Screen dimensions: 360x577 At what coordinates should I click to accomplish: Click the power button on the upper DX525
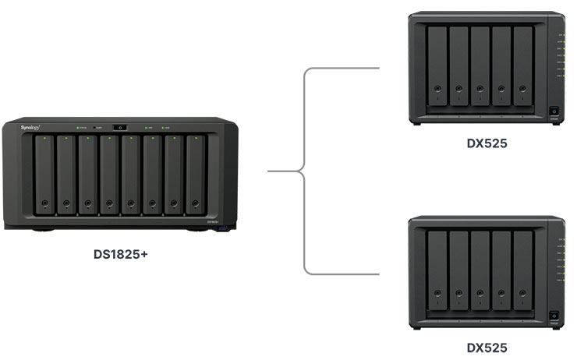click(x=554, y=111)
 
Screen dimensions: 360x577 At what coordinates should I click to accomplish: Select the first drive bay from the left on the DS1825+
click(x=45, y=175)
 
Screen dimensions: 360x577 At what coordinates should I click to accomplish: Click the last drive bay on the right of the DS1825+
click(x=195, y=175)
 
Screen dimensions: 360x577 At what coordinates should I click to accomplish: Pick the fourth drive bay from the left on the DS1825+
click(x=109, y=175)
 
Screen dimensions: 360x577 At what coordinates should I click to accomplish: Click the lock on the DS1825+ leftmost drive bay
click(x=45, y=206)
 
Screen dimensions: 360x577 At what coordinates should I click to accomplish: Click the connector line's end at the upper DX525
click(x=378, y=68)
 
